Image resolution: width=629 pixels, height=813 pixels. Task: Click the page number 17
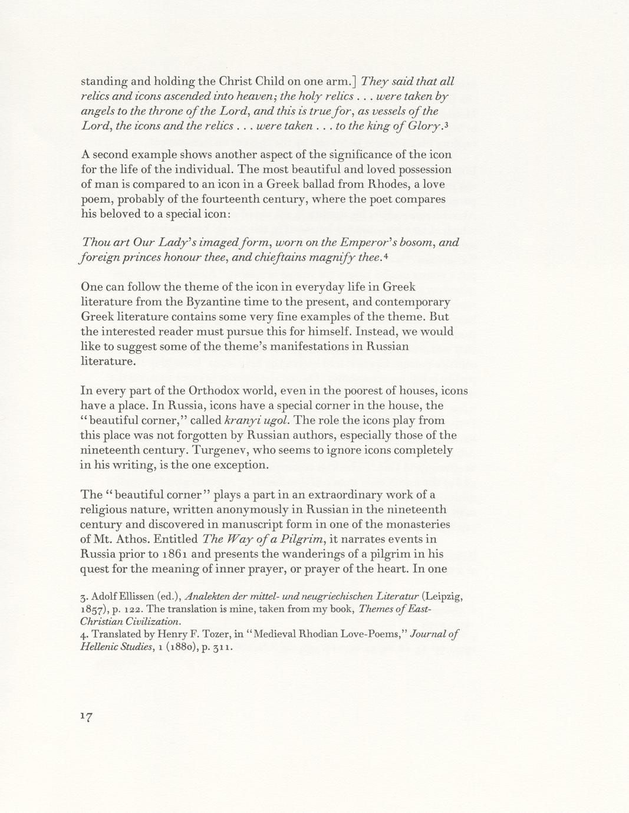87,716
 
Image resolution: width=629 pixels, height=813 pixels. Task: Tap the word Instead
377,331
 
